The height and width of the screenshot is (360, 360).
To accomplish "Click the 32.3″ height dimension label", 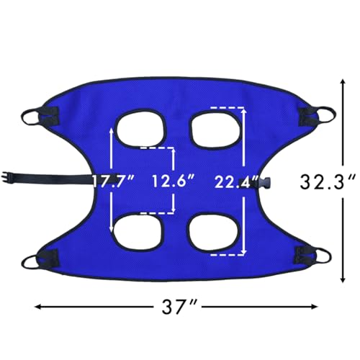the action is [x=328, y=181].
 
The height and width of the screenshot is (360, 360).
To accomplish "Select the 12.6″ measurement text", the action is [x=173, y=181].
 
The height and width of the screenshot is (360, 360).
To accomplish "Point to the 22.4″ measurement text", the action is [x=235, y=182].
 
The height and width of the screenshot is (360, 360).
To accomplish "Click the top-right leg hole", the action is [x=217, y=130].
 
